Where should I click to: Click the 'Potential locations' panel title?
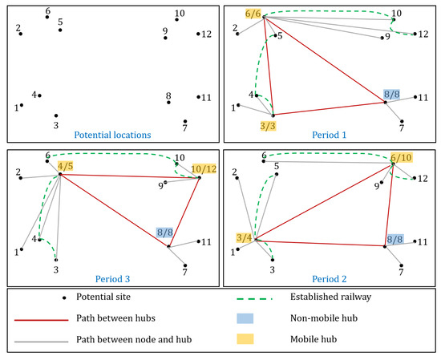click(x=110, y=135)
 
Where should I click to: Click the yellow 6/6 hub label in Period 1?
click(x=253, y=14)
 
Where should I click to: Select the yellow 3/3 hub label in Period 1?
click(x=270, y=126)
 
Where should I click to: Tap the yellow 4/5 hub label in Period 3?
click(x=66, y=166)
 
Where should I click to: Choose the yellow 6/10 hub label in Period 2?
click(x=399, y=159)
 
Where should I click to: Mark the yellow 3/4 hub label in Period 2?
click(x=245, y=237)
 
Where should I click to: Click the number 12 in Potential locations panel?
click(x=207, y=34)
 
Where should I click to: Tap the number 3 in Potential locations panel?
click(x=55, y=125)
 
